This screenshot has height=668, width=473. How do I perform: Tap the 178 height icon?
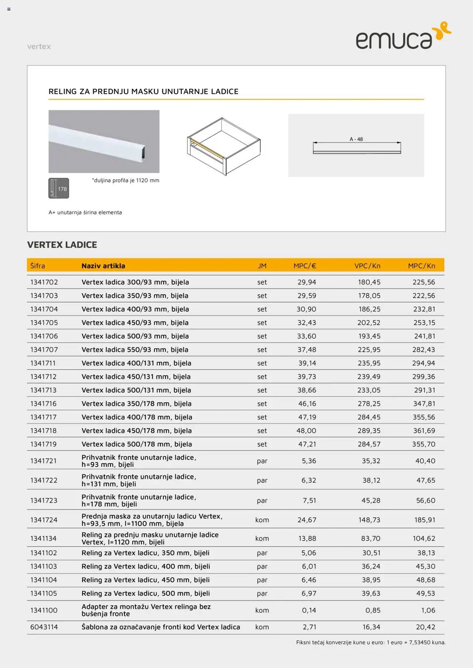pos(59,188)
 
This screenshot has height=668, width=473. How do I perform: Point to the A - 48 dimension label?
pos(356,139)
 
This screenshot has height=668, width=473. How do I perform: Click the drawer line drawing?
pos(224,146)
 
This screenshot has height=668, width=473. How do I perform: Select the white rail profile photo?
pos(104,141)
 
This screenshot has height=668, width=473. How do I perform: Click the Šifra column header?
pos(38,266)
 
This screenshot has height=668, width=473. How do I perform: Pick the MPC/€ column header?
pos(304,266)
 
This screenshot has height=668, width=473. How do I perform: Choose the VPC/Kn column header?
pos(367,266)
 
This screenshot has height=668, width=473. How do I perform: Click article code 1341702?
pos(44,282)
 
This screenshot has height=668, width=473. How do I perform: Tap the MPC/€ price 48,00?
pos(306,431)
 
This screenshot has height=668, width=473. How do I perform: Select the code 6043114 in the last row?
pos(44,627)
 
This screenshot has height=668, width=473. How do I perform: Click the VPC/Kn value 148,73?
pos(369,520)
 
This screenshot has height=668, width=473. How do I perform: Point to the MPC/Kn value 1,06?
pos(428,610)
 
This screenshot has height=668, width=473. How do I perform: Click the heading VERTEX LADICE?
pos(62,245)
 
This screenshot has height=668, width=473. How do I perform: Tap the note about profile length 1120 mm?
pos(126,180)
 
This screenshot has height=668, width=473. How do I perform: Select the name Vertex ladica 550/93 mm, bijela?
pos(135,350)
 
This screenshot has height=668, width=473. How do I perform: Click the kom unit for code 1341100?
pos(262,610)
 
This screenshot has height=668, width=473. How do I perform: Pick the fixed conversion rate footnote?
pos(371,643)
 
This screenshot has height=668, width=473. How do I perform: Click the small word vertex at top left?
pos(39,47)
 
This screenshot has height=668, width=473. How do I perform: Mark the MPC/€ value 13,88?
pos(307,538)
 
